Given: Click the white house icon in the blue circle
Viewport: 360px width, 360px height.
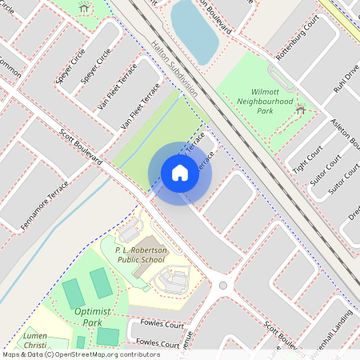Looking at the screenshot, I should click(179, 173).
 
